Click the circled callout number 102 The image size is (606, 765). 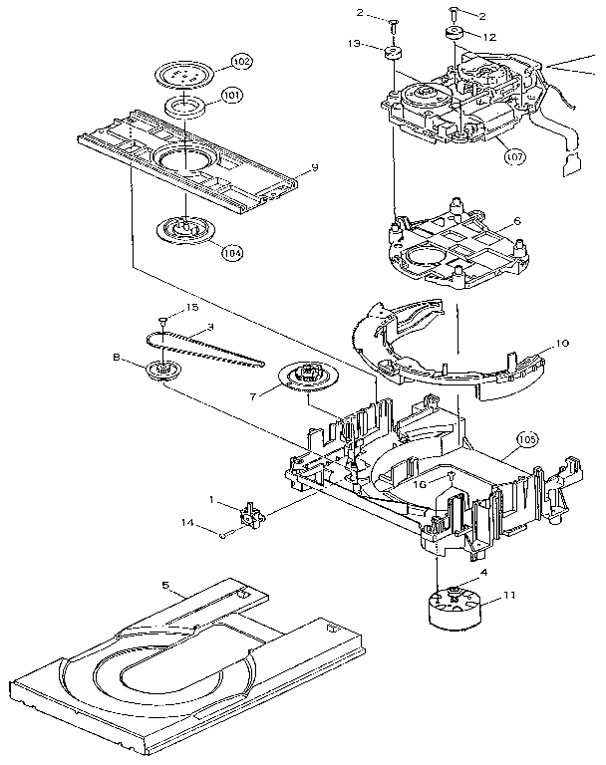(240, 61)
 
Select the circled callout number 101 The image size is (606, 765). (231, 96)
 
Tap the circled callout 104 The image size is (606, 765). (231, 253)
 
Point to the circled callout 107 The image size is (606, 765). (514, 156)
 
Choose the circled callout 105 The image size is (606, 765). (527, 439)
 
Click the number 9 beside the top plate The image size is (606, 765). (314, 168)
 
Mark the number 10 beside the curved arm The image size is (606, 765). (562, 344)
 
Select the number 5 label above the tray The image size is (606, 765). (167, 589)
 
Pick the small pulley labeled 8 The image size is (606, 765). (159, 370)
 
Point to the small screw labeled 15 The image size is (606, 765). (162, 321)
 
